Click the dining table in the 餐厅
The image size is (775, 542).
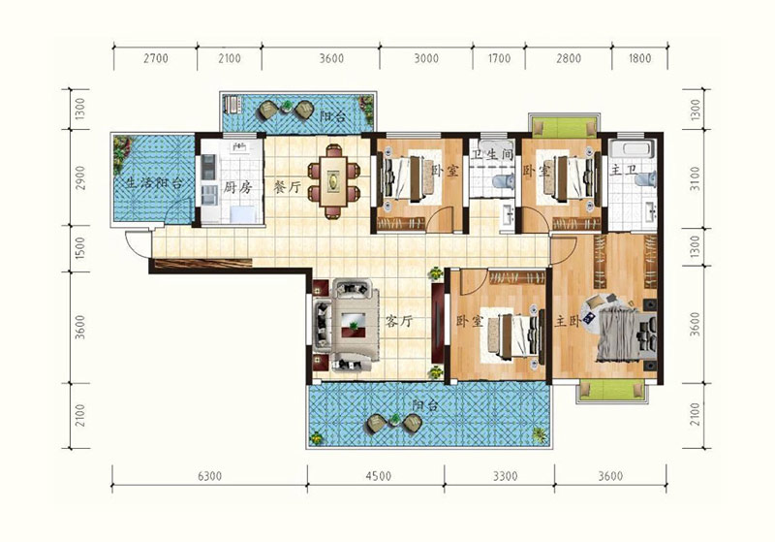tap(333, 181)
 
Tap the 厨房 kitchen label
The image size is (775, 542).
tap(237, 187)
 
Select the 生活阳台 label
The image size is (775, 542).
tap(154, 183)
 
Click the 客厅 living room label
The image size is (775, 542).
tap(398, 322)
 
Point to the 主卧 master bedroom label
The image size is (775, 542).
tap(567, 322)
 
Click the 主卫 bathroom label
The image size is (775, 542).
tap(623, 171)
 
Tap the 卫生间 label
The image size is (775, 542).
tap(492, 155)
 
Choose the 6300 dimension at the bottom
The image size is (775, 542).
tap(209, 476)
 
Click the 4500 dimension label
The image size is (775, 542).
tap(379, 476)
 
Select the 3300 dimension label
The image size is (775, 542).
tap(505, 476)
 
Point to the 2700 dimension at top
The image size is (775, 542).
tap(156, 58)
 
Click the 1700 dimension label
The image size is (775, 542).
tap(499, 58)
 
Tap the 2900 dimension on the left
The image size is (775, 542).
tap(80, 178)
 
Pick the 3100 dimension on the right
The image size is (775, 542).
tap(695, 179)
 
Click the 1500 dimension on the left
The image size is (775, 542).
tap(80, 249)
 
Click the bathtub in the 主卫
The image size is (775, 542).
tap(632, 149)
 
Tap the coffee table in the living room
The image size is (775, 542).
tap(354, 325)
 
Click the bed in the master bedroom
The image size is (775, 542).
tap(626, 334)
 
